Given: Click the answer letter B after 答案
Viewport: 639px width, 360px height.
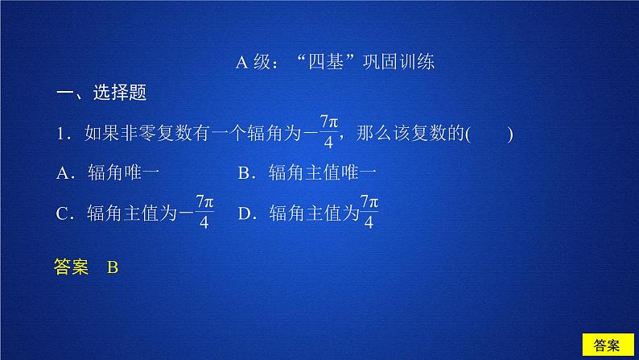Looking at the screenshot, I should (112, 268).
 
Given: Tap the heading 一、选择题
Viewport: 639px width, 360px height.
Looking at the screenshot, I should (101, 93).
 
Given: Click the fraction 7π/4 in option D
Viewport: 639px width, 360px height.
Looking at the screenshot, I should (369, 212).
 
